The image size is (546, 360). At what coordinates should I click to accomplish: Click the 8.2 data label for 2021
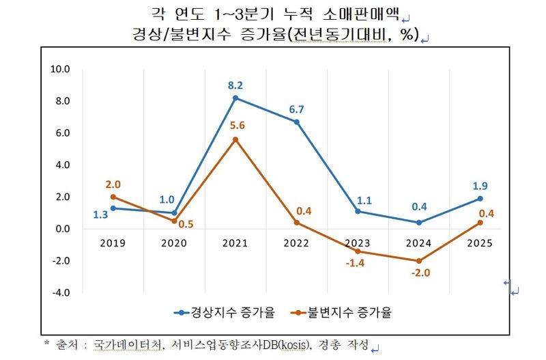pos(236,85)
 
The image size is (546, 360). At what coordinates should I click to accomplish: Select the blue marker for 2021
pos(236,98)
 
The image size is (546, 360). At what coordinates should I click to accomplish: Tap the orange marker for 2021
pos(236,139)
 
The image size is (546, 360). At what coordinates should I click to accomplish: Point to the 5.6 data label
pos(236,126)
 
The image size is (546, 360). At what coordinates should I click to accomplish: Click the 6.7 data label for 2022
pos(297,109)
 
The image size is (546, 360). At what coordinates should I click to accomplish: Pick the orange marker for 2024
pos(420,261)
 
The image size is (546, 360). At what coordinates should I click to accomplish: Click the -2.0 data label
pos(420,275)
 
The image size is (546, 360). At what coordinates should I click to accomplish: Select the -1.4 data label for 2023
pos(358,264)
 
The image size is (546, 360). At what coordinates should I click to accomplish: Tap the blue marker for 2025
pos(481,199)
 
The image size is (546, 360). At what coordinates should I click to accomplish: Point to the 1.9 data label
pos(481,186)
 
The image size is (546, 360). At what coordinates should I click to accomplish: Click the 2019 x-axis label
pos(113,243)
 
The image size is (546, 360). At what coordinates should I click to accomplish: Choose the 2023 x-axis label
pos(358,243)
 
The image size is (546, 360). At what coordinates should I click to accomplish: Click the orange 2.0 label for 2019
pos(113,184)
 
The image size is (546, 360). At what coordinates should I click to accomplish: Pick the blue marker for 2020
pos(174,213)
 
